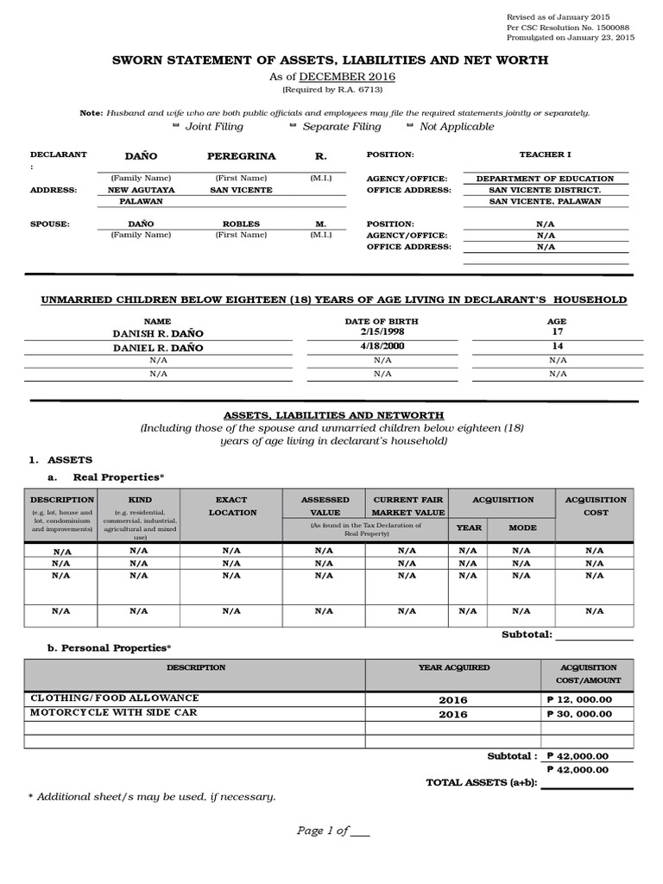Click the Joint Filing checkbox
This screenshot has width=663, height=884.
[x=177, y=126]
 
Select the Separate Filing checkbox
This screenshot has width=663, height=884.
[x=293, y=126]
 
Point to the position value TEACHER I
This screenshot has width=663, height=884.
[x=545, y=155]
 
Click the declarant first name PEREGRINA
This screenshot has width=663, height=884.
[x=242, y=156]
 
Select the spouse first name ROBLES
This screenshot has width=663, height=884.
[x=241, y=224]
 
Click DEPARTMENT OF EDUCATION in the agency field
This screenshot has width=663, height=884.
[x=545, y=179]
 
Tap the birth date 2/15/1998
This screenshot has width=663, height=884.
[x=382, y=331]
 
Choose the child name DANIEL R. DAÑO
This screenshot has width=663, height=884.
[x=158, y=348]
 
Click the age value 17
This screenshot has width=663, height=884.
[x=557, y=331]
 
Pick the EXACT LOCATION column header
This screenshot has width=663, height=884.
[x=232, y=506]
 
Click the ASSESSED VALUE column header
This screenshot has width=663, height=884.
[x=325, y=506]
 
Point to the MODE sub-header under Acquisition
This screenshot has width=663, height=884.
[x=522, y=527]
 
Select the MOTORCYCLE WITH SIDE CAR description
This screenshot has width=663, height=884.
[x=114, y=713]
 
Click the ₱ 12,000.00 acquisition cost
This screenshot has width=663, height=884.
[x=579, y=700]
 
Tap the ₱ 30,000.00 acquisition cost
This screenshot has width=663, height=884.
[x=579, y=714]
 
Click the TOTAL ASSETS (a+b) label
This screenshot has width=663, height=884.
[x=482, y=783]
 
